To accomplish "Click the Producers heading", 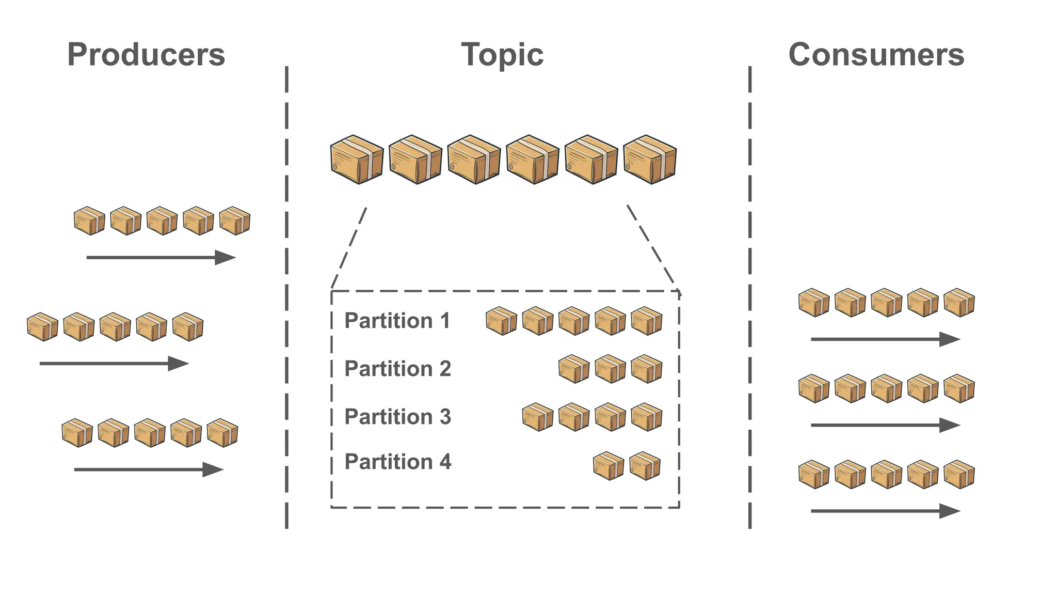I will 146,55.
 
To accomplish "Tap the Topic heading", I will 502,55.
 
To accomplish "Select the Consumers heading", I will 876,55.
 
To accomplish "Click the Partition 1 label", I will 397,321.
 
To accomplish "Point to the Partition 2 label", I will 397,369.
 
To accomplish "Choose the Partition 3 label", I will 397,417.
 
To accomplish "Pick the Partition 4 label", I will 397,462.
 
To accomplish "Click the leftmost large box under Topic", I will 357,160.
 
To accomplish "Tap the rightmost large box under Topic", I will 649,160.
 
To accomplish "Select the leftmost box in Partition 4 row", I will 608,466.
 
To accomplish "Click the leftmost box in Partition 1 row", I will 501,321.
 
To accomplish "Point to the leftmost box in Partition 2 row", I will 574,369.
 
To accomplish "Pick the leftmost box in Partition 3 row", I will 537,417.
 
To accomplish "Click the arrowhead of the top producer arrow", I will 226,257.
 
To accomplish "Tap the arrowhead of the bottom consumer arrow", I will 950,511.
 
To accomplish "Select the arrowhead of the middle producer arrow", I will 179,364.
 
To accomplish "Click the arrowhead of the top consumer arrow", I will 950,339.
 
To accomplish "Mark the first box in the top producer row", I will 89,221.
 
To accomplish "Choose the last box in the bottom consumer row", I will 959,474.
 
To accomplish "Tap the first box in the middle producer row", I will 42,327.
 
